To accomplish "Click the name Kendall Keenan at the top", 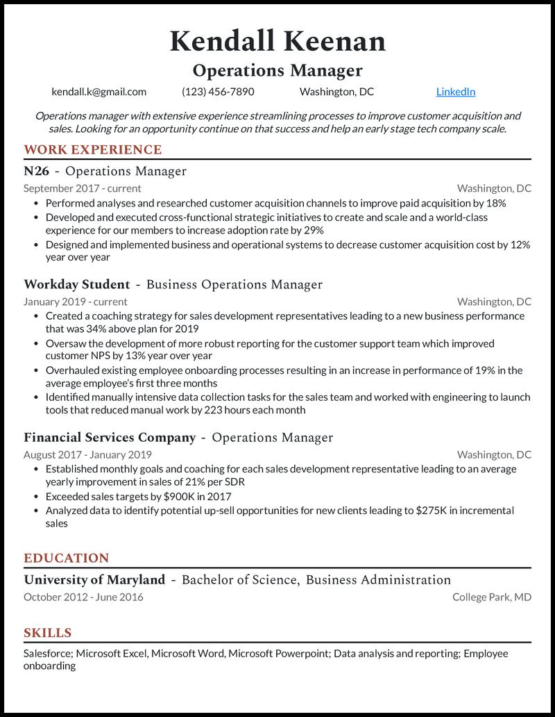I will pos(277,41).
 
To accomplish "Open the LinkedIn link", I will pos(456,92).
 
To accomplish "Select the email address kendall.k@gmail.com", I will pos(99,92).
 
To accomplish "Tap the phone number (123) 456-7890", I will pos(218,92).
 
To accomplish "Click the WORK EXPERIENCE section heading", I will pos(92,149).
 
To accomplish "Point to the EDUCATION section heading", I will pos(67,558).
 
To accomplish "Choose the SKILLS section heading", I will pos(48,633).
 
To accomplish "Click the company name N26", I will pos(36,171).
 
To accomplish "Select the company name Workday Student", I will pos(77,284).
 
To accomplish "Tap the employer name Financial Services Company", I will pos(110,437).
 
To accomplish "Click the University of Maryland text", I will pos(94,579).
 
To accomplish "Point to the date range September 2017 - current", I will pos(82,188).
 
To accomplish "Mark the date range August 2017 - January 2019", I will pos(87,454).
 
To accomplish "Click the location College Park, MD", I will pos(492,597).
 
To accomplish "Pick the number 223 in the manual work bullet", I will pos(214,410).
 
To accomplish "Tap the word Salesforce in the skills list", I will pos(48,654).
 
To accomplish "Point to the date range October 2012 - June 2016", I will pos(83,597).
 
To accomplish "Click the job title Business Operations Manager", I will pos(234,284).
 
